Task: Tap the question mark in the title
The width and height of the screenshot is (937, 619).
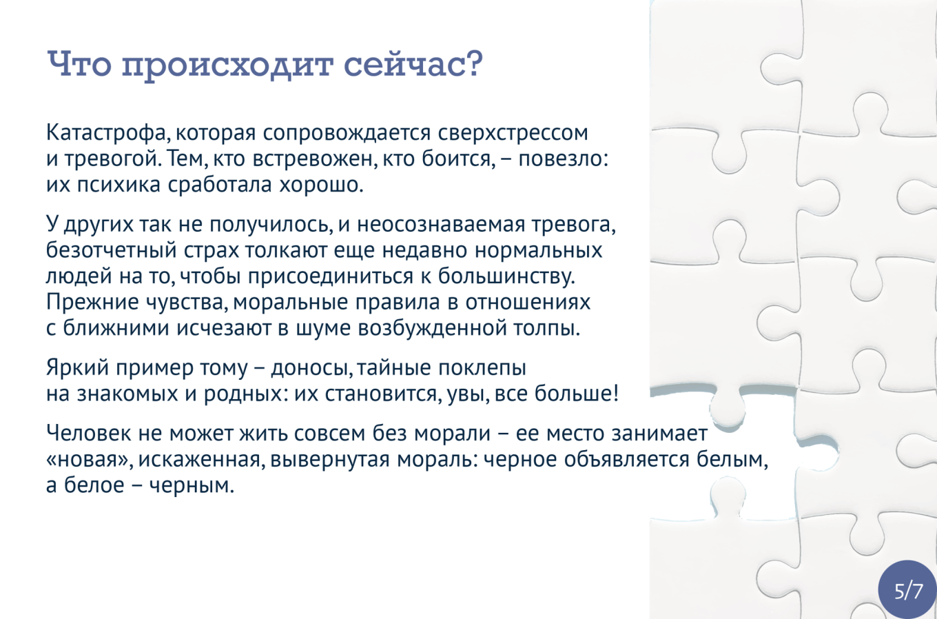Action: [x=473, y=63]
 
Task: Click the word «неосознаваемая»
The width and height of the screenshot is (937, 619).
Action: [x=441, y=225]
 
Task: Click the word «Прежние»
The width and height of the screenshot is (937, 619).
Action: [x=92, y=302]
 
